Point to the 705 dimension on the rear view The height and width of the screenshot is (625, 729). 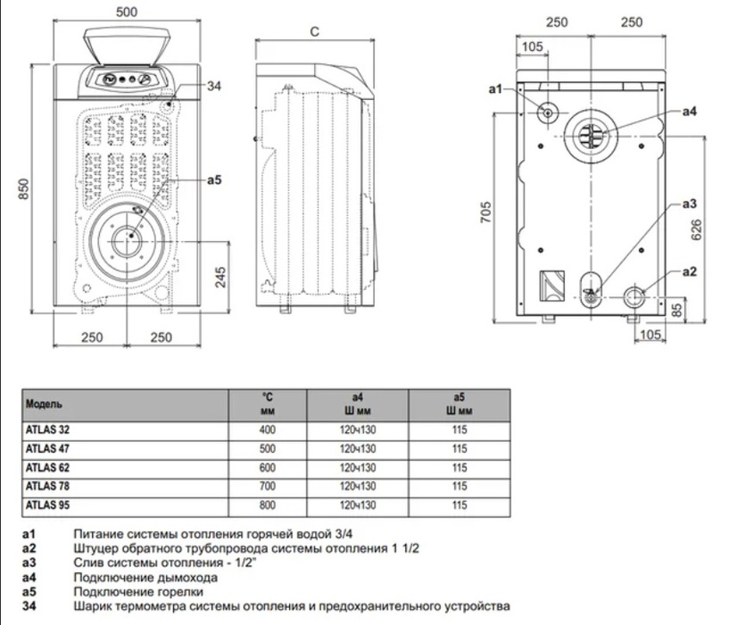coord(487,212)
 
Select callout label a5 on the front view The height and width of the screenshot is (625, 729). coord(213,180)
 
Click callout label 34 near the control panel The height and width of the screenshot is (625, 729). coord(213,86)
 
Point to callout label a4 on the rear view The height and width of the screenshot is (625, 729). coord(688,112)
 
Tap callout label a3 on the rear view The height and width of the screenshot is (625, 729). coord(688,204)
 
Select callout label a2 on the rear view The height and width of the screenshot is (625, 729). coord(688,271)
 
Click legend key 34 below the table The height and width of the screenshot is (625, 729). coord(31,604)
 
